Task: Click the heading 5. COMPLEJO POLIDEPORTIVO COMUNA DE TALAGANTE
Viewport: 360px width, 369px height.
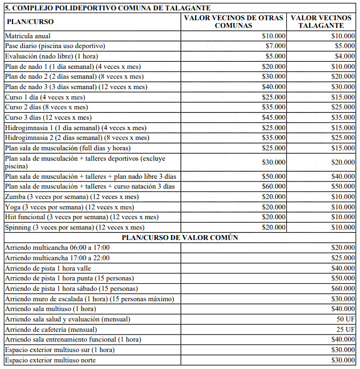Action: pyautogui.click(x=108, y=8)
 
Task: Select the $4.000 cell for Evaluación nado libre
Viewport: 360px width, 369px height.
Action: pyautogui.click(x=345, y=56)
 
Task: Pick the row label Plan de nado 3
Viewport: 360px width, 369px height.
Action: pyautogui.click(x=76, y=86)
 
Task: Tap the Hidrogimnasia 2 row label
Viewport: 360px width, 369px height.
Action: pyautogui.click(x=76, y=138)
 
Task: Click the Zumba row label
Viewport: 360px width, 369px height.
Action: pyautogui.click(x=71, y=197)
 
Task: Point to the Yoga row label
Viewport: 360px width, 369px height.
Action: pyautogui.click(x=68, y=207)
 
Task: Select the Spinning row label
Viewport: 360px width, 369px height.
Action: pyautogui.click(x=74, y=227)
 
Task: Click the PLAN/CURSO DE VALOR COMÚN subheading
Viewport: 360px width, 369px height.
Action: pyautogui.click(x=180, y=237)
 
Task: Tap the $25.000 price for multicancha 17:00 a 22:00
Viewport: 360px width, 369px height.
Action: pyautogui.click(x=343, y=257)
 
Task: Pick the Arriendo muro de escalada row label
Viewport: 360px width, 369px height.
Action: pyautogui.click(x=89, y=298)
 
